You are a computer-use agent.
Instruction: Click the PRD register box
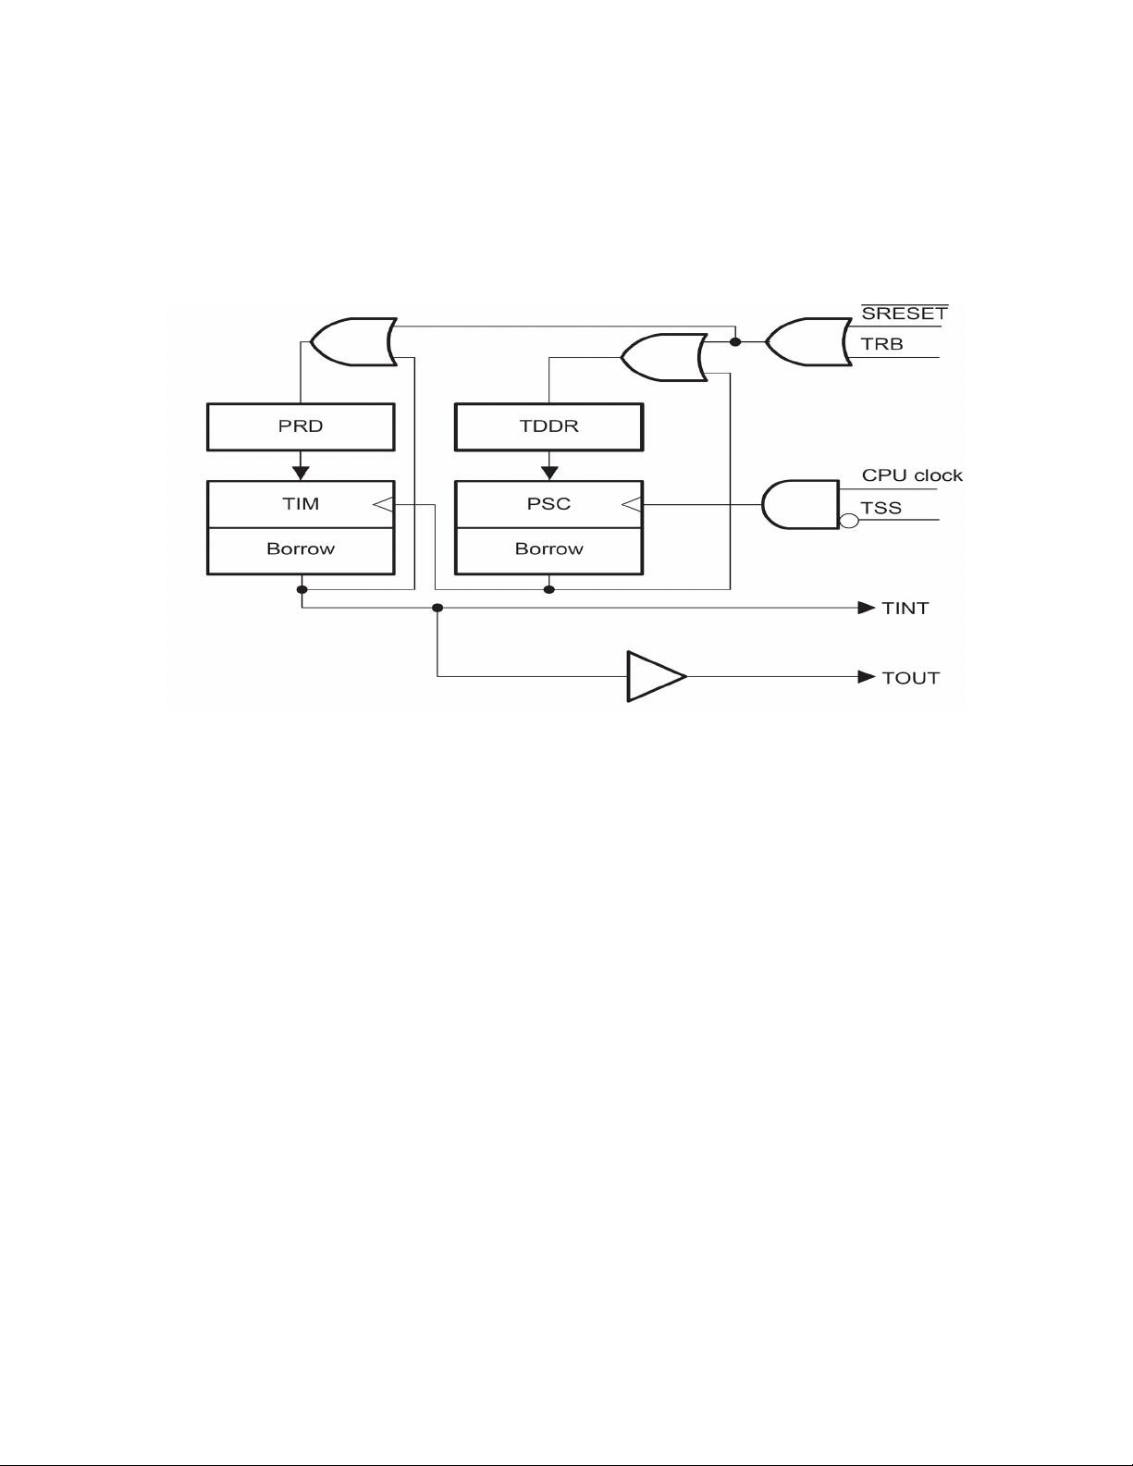click(x=301, y=427)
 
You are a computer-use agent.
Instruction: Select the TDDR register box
click(x=549, y=427)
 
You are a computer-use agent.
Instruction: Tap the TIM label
click(x=301, y=504)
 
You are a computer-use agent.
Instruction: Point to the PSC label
click(x=549, y=504)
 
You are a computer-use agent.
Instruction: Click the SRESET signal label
click(x=905, y=313)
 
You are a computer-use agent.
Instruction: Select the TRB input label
click(x=882, y=344)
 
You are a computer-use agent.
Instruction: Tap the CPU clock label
click(x=912, y=475)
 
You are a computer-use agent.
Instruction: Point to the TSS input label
click(x=881, y=508)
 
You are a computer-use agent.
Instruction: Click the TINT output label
click(x=905, y=609)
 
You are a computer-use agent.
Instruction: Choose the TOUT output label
click(x=911, y=678)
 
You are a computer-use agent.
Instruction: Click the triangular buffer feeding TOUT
click(x=656, y=677)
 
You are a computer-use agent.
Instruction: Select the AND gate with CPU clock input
click(x=801, y=505)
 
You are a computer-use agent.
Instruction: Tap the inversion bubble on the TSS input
click(x=849, y=521)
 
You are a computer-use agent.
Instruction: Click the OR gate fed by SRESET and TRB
click(x=809, y=342)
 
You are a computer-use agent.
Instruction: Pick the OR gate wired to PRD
click(x=353, y=341)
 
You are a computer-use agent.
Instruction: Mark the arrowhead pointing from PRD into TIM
click(x=301, y=473)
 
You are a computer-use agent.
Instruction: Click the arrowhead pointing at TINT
click(x=867, y=608)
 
